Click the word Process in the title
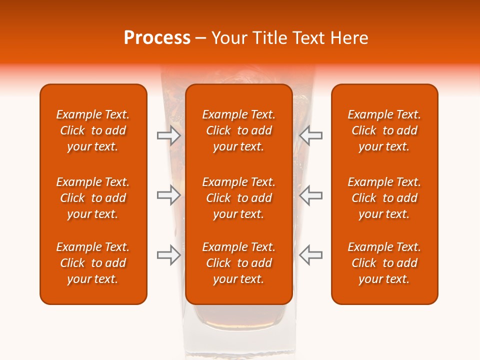pyautogui.click(x=157, y=38)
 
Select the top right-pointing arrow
pyautogui.click(x=168, y=135)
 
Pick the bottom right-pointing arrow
pyautogui.click(x=168, y=255)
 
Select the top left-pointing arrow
pyautogui.click(x=310, y=135)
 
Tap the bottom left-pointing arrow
pyautogui.click(x=310, y=255)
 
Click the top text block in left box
pyautogui.click(x=93, y=130)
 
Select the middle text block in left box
pyautogui.click(x=93, y=198)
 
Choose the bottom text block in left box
pyautogui.click(x=93, y=263)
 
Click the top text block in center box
pyautogui.click(x=238, y=130)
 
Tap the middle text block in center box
pyautogui.click(x=238, y=198)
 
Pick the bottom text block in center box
pyautogui.click(x=238, y=263)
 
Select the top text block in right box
pyautogui.click(x=384, y=130)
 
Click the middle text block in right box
pyautogui.click(x=384, y=198)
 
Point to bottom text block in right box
pyautogui.click(x=384, y=263)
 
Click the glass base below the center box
pyautogui.click(x=238, y=330)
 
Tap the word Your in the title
pyautogui.click(x=230, y=38)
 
